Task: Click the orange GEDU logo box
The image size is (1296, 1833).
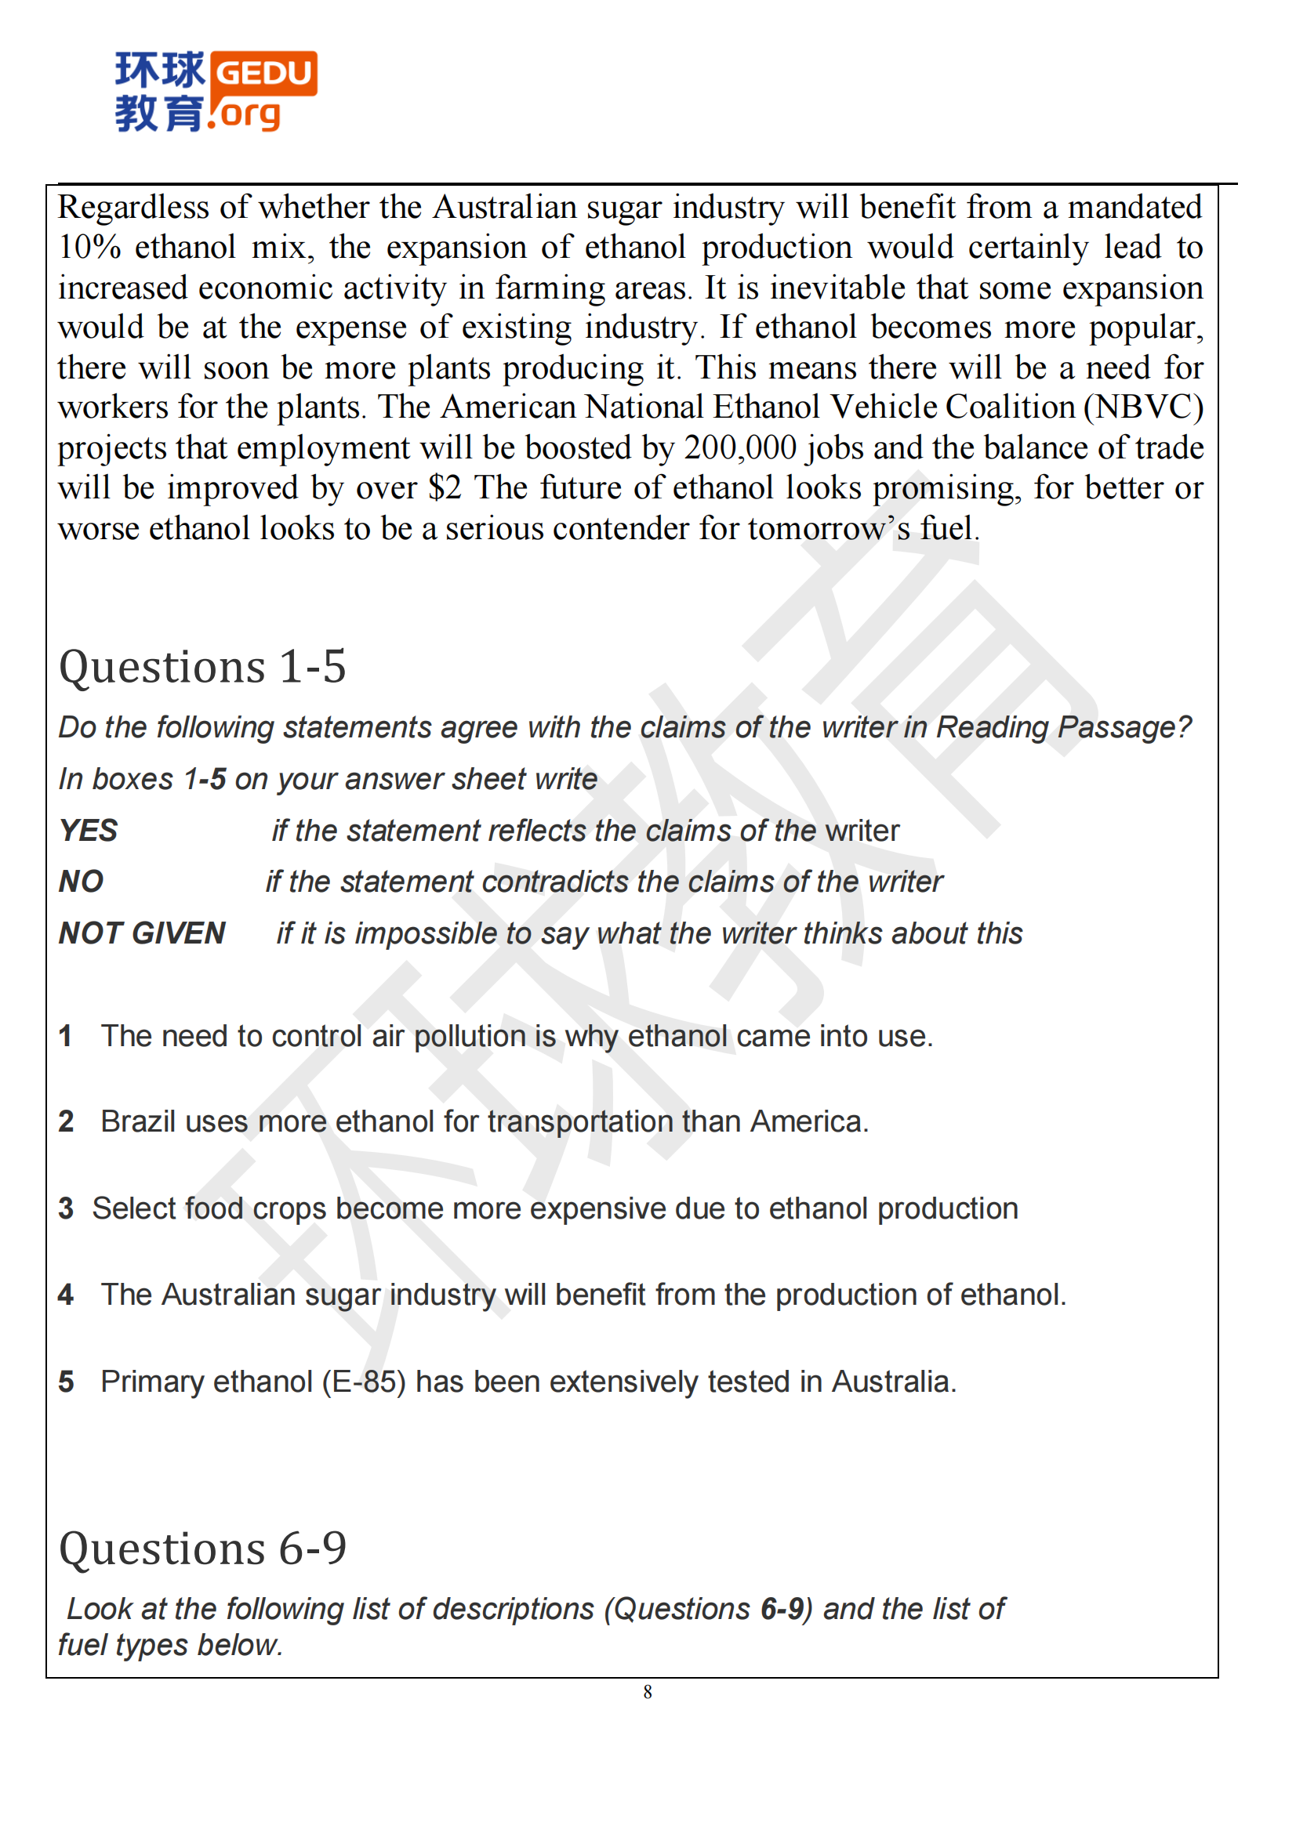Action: (264, 74)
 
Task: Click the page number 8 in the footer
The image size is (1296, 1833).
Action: (648, 1692)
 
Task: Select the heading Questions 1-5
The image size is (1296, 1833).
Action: (202, 667)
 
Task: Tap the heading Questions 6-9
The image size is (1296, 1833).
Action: (202, 1549)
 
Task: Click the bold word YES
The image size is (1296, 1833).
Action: (88, 830)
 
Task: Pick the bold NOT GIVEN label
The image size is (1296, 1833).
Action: (142, 933)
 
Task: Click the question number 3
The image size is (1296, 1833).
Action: (66, 1208)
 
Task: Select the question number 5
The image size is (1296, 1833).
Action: (66, 1382)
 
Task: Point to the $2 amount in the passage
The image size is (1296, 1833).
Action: (445, 487)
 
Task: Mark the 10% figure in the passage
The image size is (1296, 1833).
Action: (89, 248)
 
